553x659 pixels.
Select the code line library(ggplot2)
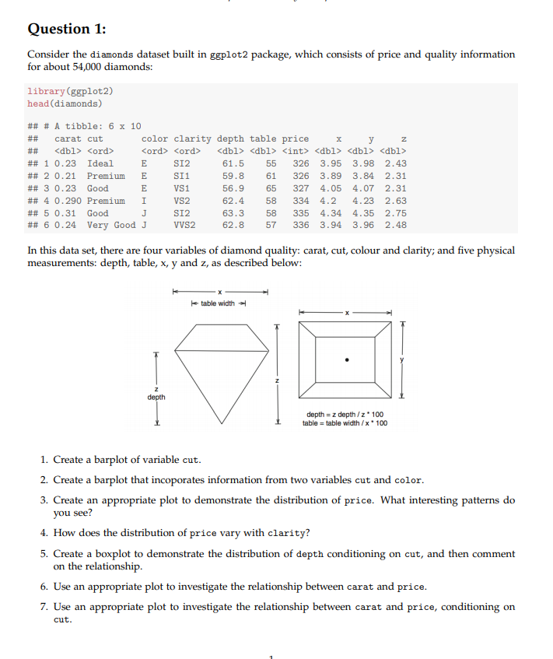tap(64, 91)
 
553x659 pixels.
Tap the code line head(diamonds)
tap(64, 103)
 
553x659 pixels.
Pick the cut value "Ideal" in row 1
tap(100, 163)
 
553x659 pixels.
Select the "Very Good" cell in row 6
tap(111, 226)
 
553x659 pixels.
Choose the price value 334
tap(300, 201)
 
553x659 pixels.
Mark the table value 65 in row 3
tap(271, 188)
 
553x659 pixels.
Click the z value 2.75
tap(395, 213)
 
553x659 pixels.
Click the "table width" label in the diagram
tap(218, 303)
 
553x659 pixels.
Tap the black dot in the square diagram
tap(348, 360)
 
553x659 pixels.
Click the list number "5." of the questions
tap(45, 554)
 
